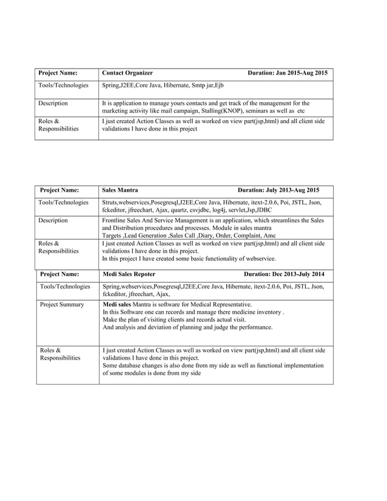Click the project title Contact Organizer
click(x=127, y=73)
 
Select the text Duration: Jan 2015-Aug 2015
click(x=288, y=73)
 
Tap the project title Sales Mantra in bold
click(x=120, y=190)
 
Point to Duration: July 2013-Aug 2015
click(x=278, y=190)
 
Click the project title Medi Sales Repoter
click(x=129, y=274)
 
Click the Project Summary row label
click(x=62, y=304)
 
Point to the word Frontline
click(x=116, y=220)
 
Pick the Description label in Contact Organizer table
click(x=53, y=104)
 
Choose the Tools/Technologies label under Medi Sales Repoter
click(x=64, y=286)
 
